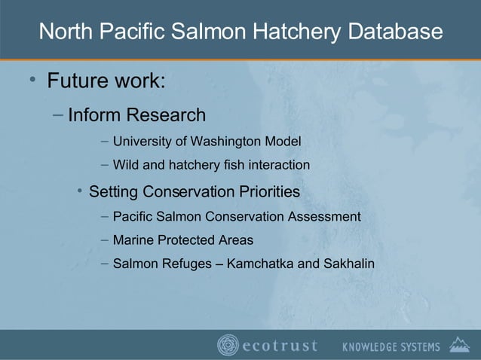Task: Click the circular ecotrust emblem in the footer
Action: pos(228,346)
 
